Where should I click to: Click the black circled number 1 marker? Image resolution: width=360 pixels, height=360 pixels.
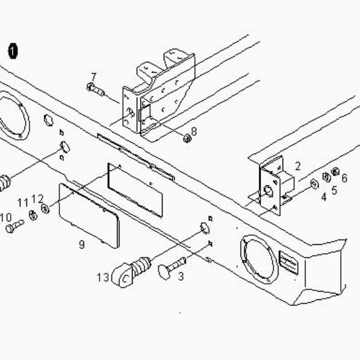(x=13, y=51)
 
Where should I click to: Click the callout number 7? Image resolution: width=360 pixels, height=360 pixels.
(x=94, y=77)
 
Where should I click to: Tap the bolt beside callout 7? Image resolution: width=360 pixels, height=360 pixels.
(x=95, y=90)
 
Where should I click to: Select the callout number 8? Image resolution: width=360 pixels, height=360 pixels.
(x=194, y=131)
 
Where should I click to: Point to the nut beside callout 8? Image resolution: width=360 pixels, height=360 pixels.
(x=187, y=138)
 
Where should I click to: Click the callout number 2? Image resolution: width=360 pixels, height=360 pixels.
(x=298, y=166)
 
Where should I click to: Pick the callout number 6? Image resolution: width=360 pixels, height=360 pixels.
(x=344, y=178)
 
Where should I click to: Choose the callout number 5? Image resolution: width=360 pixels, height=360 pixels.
(x=335, y=190)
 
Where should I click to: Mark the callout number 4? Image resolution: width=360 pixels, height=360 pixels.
(x=324, y=197)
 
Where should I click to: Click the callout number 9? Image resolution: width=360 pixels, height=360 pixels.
(x=82, y=245)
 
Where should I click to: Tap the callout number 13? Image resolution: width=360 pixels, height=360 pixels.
(x=103, y=277)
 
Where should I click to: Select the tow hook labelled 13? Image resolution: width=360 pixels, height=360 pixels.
(x=131, y=272)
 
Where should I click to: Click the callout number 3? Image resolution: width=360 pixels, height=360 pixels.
(x=181, y=277)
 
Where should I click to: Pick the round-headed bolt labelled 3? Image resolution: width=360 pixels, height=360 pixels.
(x=172, y=268)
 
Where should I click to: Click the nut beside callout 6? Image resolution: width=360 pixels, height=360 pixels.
(x=335, y=172)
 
